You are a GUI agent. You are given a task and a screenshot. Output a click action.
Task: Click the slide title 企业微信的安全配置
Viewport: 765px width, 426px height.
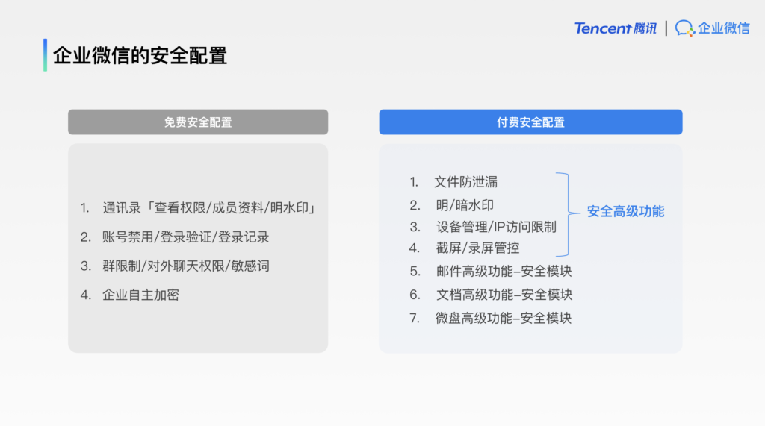click(x=140, y=55)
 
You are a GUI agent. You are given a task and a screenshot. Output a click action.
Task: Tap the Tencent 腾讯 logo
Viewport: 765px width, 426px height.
click(x=616, y=28)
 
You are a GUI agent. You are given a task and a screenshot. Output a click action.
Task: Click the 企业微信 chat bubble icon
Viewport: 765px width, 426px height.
click(x=684, y=28)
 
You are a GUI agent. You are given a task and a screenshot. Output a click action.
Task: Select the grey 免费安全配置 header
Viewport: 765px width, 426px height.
click(x=198, y=122)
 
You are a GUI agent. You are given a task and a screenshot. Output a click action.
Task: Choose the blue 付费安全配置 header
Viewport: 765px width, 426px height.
click(x=531, y=122)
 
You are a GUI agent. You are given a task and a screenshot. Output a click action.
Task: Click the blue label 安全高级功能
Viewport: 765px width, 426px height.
click(x=625, y=212)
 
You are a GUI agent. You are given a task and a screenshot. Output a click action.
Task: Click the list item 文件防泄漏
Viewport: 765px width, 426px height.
click(x=466, y=182)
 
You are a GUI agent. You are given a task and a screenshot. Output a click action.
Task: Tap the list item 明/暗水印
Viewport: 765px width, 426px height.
click(x=465, y=205)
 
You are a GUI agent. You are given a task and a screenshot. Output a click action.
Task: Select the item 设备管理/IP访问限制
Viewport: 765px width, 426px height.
click(x=496, y=227)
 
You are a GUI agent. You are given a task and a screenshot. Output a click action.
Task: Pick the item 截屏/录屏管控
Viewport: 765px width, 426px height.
click(x=477, y=248)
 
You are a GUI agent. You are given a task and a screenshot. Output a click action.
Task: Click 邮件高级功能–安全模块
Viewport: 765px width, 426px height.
click(x=504, y=271)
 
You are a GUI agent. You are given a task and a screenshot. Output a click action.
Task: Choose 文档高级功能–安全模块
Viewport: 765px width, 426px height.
click(x=504, y=295)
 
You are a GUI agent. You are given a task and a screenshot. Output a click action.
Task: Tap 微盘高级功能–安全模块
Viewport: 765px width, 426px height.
click(x=504, y=318)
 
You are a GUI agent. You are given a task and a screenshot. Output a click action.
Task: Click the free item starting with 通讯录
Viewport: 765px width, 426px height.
click(x=209, y=208)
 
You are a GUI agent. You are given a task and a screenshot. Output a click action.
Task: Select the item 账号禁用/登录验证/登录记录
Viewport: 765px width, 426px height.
click(x=186, y=237)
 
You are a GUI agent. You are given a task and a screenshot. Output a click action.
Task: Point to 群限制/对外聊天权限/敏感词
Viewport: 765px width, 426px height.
click(x=186, y=266)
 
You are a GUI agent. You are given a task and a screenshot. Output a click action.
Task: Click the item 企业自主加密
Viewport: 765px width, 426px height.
click(x=140, y=295)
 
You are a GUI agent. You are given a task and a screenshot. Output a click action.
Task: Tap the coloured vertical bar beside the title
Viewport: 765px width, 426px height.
click(x=46, y=55)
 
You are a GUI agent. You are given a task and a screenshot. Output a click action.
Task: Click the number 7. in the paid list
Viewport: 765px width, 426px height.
click(x=415, y=319)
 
